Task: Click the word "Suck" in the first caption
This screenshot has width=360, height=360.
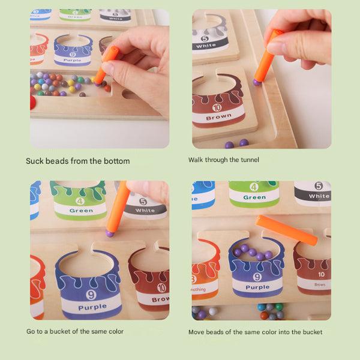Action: tap(35, 161)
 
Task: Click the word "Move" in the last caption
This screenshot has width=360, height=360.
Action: tap(198, 332)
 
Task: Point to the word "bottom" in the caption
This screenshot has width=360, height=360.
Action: tap(116, 161)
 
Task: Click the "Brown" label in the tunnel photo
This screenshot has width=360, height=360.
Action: tap(218, 117)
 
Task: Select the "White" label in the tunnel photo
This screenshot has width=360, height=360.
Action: tap(206, 46)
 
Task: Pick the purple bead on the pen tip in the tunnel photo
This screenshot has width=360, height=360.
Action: tap(257, 82)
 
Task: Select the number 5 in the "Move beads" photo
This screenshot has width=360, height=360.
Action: tap(319, 186)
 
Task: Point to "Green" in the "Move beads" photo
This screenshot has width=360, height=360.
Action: tap(254, 197)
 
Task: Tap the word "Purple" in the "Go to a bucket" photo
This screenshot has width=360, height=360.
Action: tap(92, 307)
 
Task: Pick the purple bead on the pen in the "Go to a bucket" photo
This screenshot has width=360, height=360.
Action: tap(110, 232)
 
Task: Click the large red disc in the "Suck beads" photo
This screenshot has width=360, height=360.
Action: tap(32, 102)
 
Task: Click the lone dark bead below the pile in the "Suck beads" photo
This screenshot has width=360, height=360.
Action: tap(82, 94)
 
